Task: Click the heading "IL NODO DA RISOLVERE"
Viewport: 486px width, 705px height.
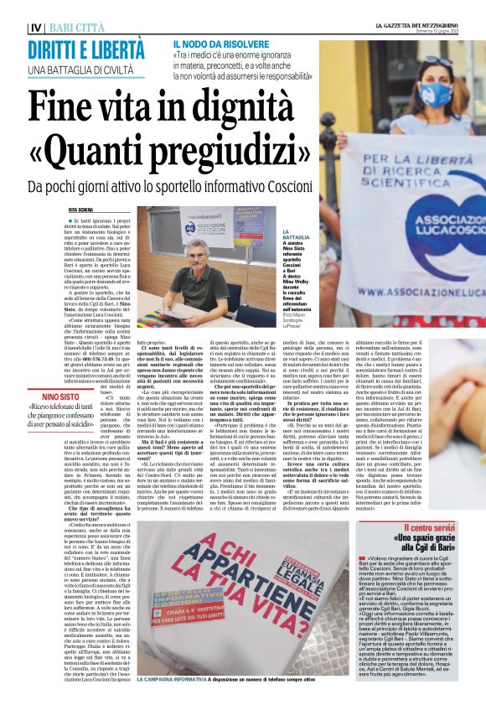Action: point(220,42)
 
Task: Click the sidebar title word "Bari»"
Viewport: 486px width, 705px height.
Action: point(465,547)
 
